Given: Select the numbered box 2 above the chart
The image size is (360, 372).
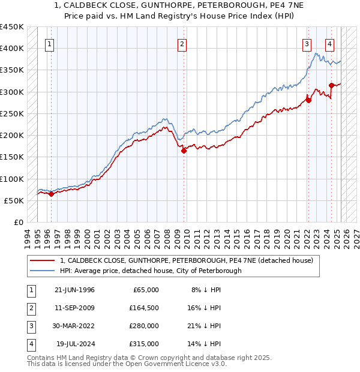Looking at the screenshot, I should [181, 43].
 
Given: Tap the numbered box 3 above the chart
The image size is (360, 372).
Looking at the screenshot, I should [307, 43].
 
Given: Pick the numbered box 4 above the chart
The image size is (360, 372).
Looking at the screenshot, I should [329, 43].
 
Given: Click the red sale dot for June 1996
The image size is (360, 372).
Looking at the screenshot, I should [52, 194].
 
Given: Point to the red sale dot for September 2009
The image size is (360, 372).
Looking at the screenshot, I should [184, 151].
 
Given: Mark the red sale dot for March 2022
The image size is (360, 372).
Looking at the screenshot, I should [309, 100].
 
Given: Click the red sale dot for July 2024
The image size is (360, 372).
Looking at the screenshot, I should [332, 85].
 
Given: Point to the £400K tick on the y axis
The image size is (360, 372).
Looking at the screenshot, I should [12, 48].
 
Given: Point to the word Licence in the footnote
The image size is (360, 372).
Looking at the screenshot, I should [181, 364].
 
